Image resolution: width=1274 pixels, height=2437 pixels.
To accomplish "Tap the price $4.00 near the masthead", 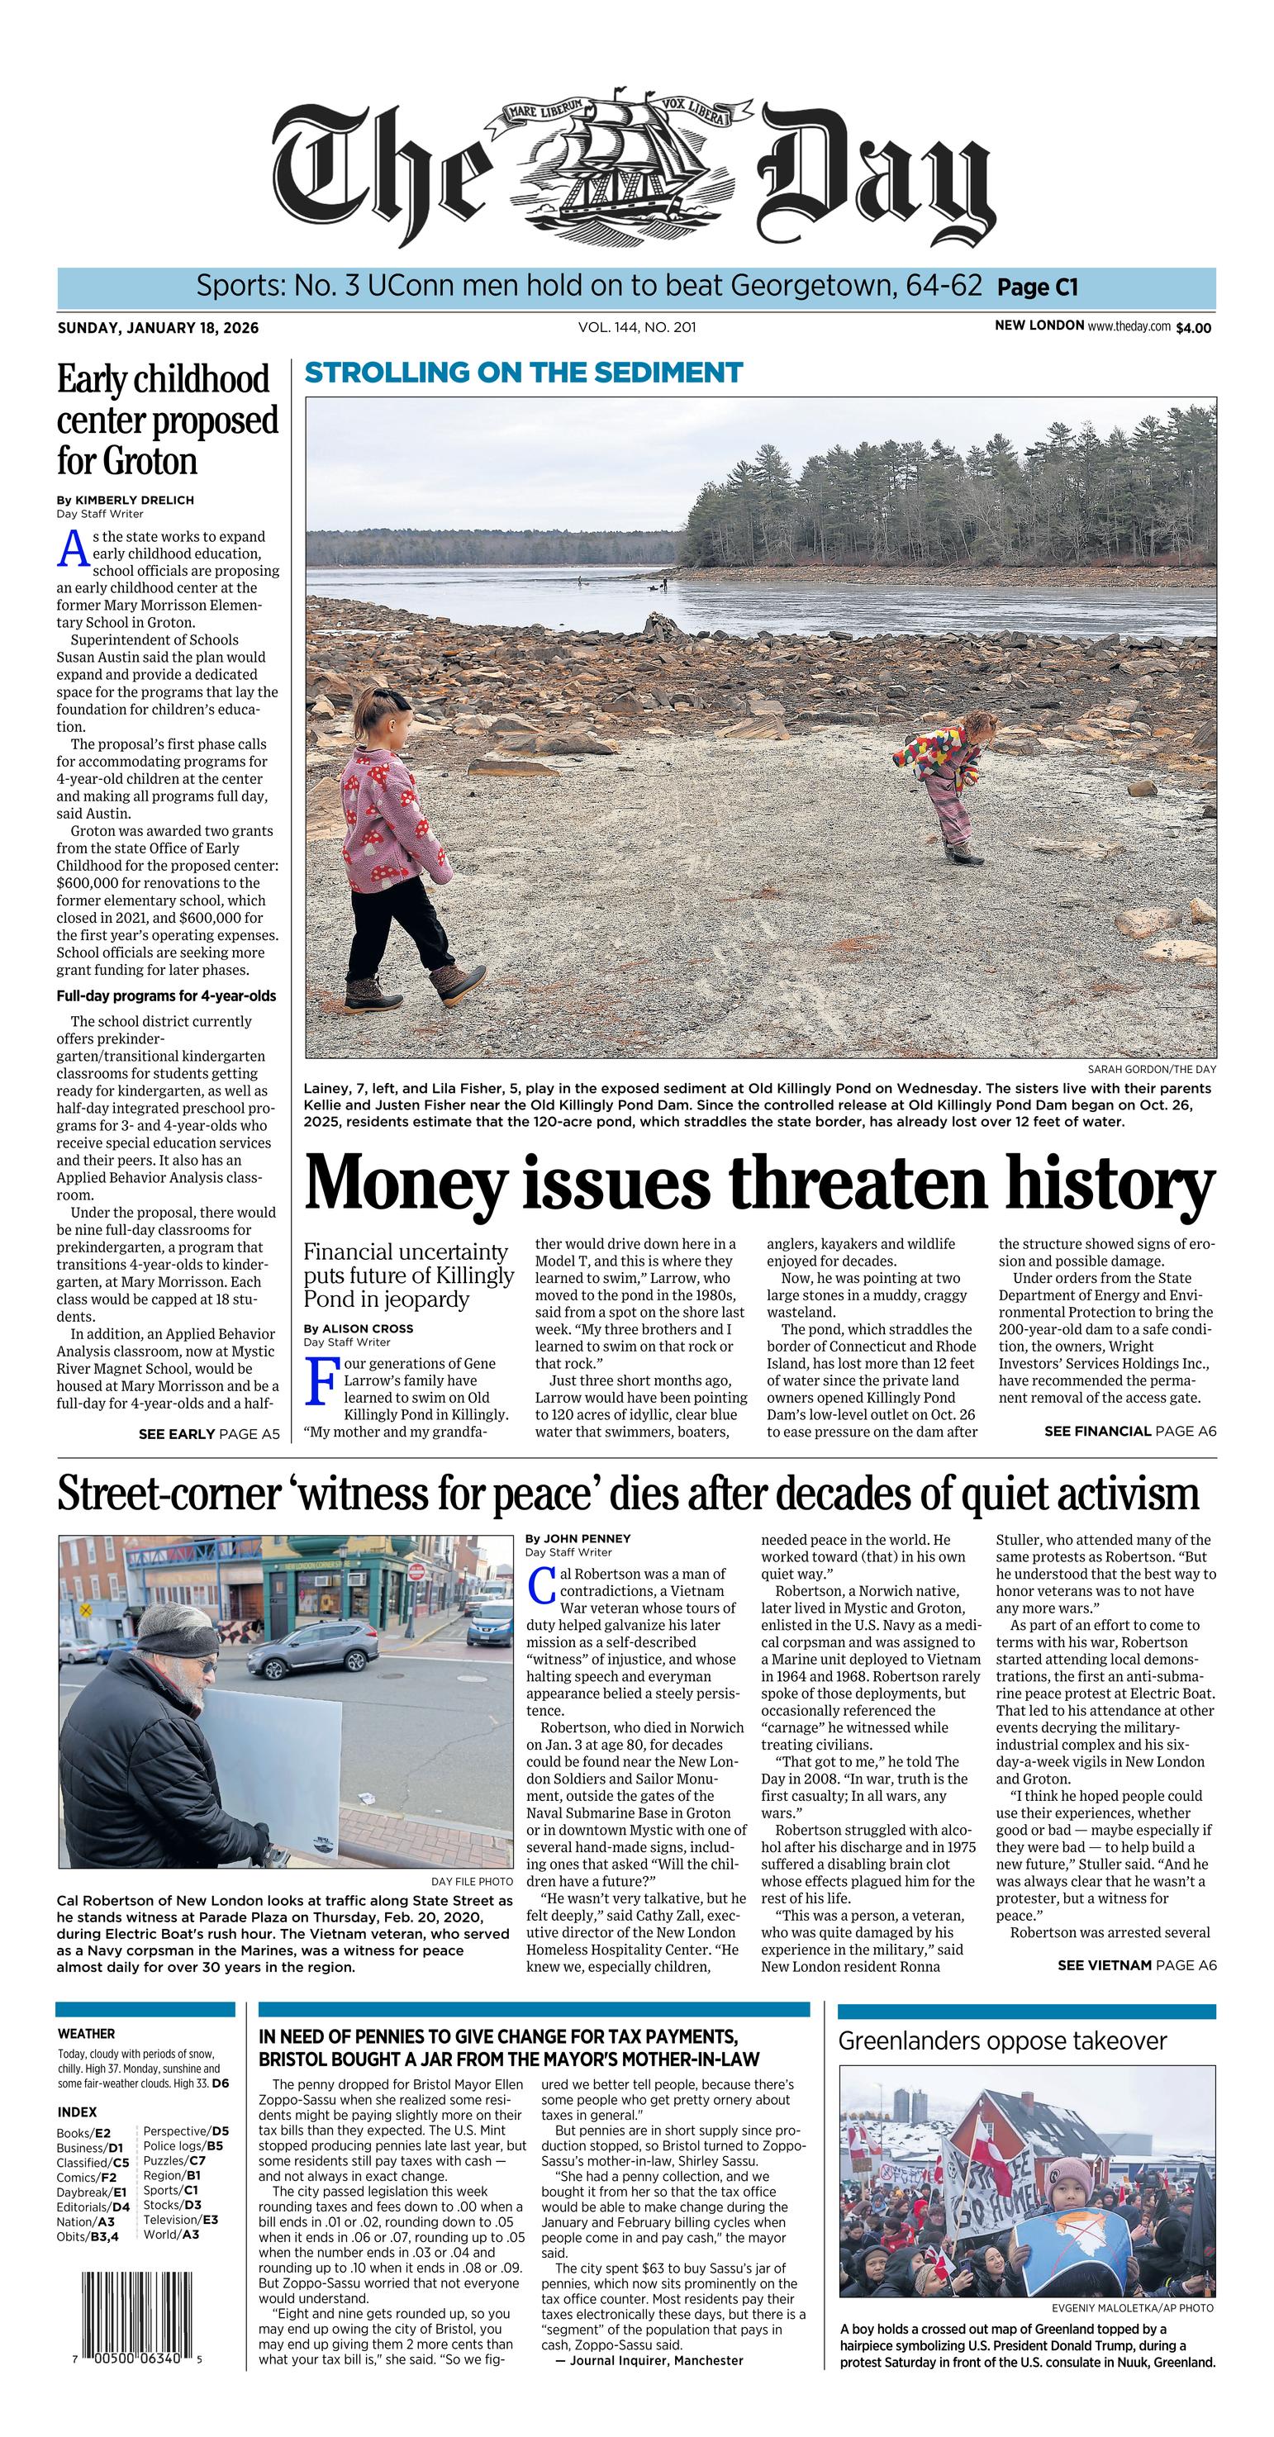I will click(x=1193, y=328).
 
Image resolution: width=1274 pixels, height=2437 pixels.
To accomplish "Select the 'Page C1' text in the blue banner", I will click(x=1037, y=287).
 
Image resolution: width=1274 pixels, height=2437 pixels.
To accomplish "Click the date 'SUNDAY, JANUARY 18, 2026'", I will click(x=158, y=328).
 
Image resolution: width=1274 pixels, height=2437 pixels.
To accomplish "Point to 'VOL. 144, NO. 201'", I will click(x=636, y=327).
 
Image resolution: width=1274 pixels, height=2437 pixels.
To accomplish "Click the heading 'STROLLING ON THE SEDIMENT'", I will click(x=523, y=373).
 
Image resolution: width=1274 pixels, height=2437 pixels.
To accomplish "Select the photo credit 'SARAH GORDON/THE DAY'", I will click(x=1151, y=1069).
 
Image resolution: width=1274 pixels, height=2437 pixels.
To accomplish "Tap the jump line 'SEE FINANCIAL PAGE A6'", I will click(x=1129, y=1432).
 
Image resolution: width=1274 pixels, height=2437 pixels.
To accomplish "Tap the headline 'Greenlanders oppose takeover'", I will click(x=1001, y=2040).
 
